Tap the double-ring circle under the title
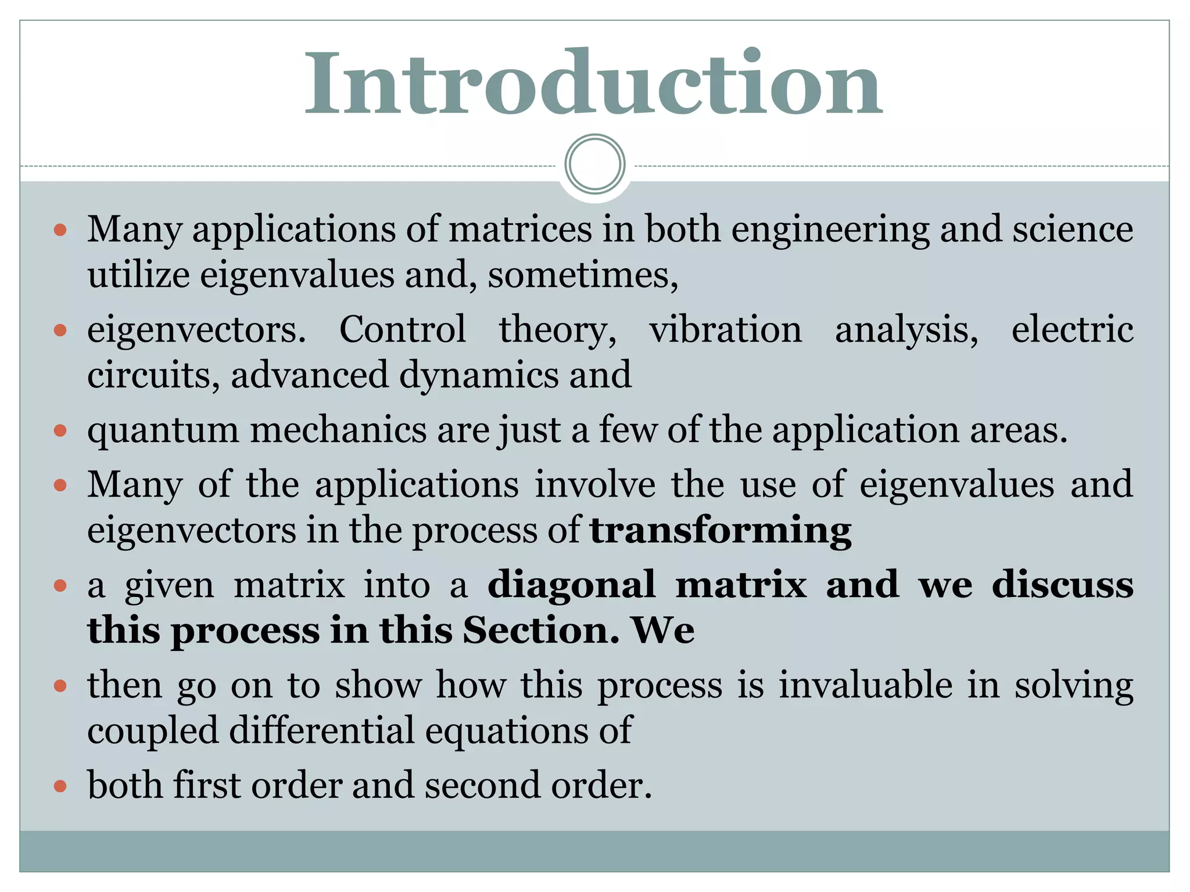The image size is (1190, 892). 594,164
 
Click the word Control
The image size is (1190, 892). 402,329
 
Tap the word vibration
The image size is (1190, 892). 725,329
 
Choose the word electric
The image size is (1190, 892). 1072,329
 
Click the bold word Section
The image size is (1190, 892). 541,631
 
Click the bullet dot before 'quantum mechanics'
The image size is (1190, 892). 60,431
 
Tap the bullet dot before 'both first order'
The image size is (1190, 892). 60,786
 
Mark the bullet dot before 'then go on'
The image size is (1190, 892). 60,686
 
